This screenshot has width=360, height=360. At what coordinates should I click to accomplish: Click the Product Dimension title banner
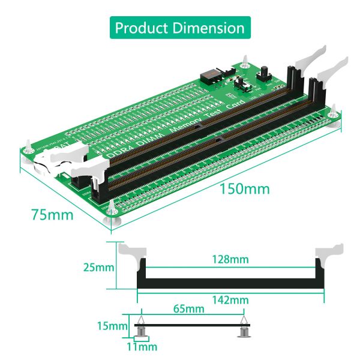pyautogui.click(x=180, y=28)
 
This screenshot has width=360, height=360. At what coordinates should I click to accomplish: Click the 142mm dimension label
pyautogui.click(x=230, y=299)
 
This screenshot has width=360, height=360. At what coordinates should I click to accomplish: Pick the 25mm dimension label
pyautogui.click(x=98, y=267)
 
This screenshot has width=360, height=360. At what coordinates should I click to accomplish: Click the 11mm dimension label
pyautogui.click(x=142, y=347)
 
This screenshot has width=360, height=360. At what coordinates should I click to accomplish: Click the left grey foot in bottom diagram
pyautogui.click(x=142, y=331)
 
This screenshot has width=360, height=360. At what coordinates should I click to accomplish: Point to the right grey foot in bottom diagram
pyautogui.click(x=244, y=331)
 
